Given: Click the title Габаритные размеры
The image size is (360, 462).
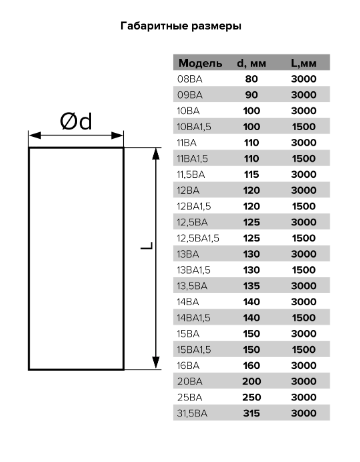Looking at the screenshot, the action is [x=181, y=26].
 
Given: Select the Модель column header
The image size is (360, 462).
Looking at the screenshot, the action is [x=200, y=63].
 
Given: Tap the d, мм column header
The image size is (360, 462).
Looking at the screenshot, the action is [x=251, y=63].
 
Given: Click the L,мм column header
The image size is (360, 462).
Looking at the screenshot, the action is [x=303, y=63].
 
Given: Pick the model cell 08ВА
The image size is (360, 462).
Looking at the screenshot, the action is [x=190, y=79].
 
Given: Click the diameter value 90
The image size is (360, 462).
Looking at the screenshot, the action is [x=251, y=95].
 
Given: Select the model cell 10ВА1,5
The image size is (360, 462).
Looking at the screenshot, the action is [x=194, y=127].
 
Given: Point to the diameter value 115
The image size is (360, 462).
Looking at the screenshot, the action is [x=251, y=174].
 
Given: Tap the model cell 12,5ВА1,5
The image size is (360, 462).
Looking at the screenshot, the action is [x=198, y=238].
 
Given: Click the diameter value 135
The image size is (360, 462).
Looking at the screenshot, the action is [x=251, y=286].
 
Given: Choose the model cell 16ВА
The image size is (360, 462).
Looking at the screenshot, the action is [x=188, y=366].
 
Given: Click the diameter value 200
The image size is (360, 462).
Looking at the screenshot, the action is [x=251, y=381].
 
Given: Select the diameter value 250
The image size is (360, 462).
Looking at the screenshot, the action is [x=251, y=397].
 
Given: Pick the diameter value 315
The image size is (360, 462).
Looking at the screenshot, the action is [x=251, y=413].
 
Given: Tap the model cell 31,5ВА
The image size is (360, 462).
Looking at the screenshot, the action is [x=192, y=414].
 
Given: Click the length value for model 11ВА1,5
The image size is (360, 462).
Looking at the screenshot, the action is [x=304, y=159].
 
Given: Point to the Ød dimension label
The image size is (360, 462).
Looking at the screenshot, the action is [x=76, y=121].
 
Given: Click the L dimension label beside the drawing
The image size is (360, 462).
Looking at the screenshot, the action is [x=147, y=246].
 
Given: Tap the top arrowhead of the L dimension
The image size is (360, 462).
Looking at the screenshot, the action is [x=156, y=153].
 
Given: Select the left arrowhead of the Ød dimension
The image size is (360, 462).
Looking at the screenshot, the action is [x=35, y=135].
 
